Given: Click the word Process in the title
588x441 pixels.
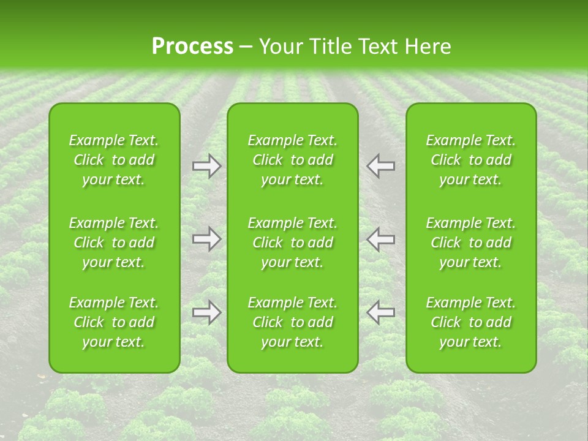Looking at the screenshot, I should pyautogui.click(x=192, y=47).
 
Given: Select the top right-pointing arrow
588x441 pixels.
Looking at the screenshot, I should pyautogui.click(x=207, y=166).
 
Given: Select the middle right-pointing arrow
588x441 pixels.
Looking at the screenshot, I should pyautogui.click(x=207, y=239).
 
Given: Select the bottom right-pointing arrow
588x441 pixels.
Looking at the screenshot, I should pyautogui.click(x=207, y=312).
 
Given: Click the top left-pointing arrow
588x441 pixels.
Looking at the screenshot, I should pyautogui.click(x=380, y=166).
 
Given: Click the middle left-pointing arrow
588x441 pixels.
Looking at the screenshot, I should pyautogui.click(x=380, y=239).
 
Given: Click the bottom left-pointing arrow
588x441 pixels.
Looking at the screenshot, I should pyautogui.click(x=380, y=312).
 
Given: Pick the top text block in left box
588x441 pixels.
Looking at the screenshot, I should pyautogui.click(x=114, y=160).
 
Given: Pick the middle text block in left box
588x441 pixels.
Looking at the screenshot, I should pyautogui.click(x=114, y=243).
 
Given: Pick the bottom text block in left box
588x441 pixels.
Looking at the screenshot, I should pyautogui.click(x=114, y=322).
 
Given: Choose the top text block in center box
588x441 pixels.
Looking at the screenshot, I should pyautogui.click(x=292, y=160).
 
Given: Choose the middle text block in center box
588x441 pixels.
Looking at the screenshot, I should pyautogui.click(x=292, y=243).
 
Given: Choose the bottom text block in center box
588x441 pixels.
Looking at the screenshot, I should pyautogui.click(x=292, y=322).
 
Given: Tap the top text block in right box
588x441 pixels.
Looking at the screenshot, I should pyautogui.click(x=470, y=160).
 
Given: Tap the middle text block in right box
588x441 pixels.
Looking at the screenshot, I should pyautogui.click(x=470, y=243).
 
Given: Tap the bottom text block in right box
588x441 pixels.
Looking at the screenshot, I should pyautogui.click(x=470, y=322).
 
